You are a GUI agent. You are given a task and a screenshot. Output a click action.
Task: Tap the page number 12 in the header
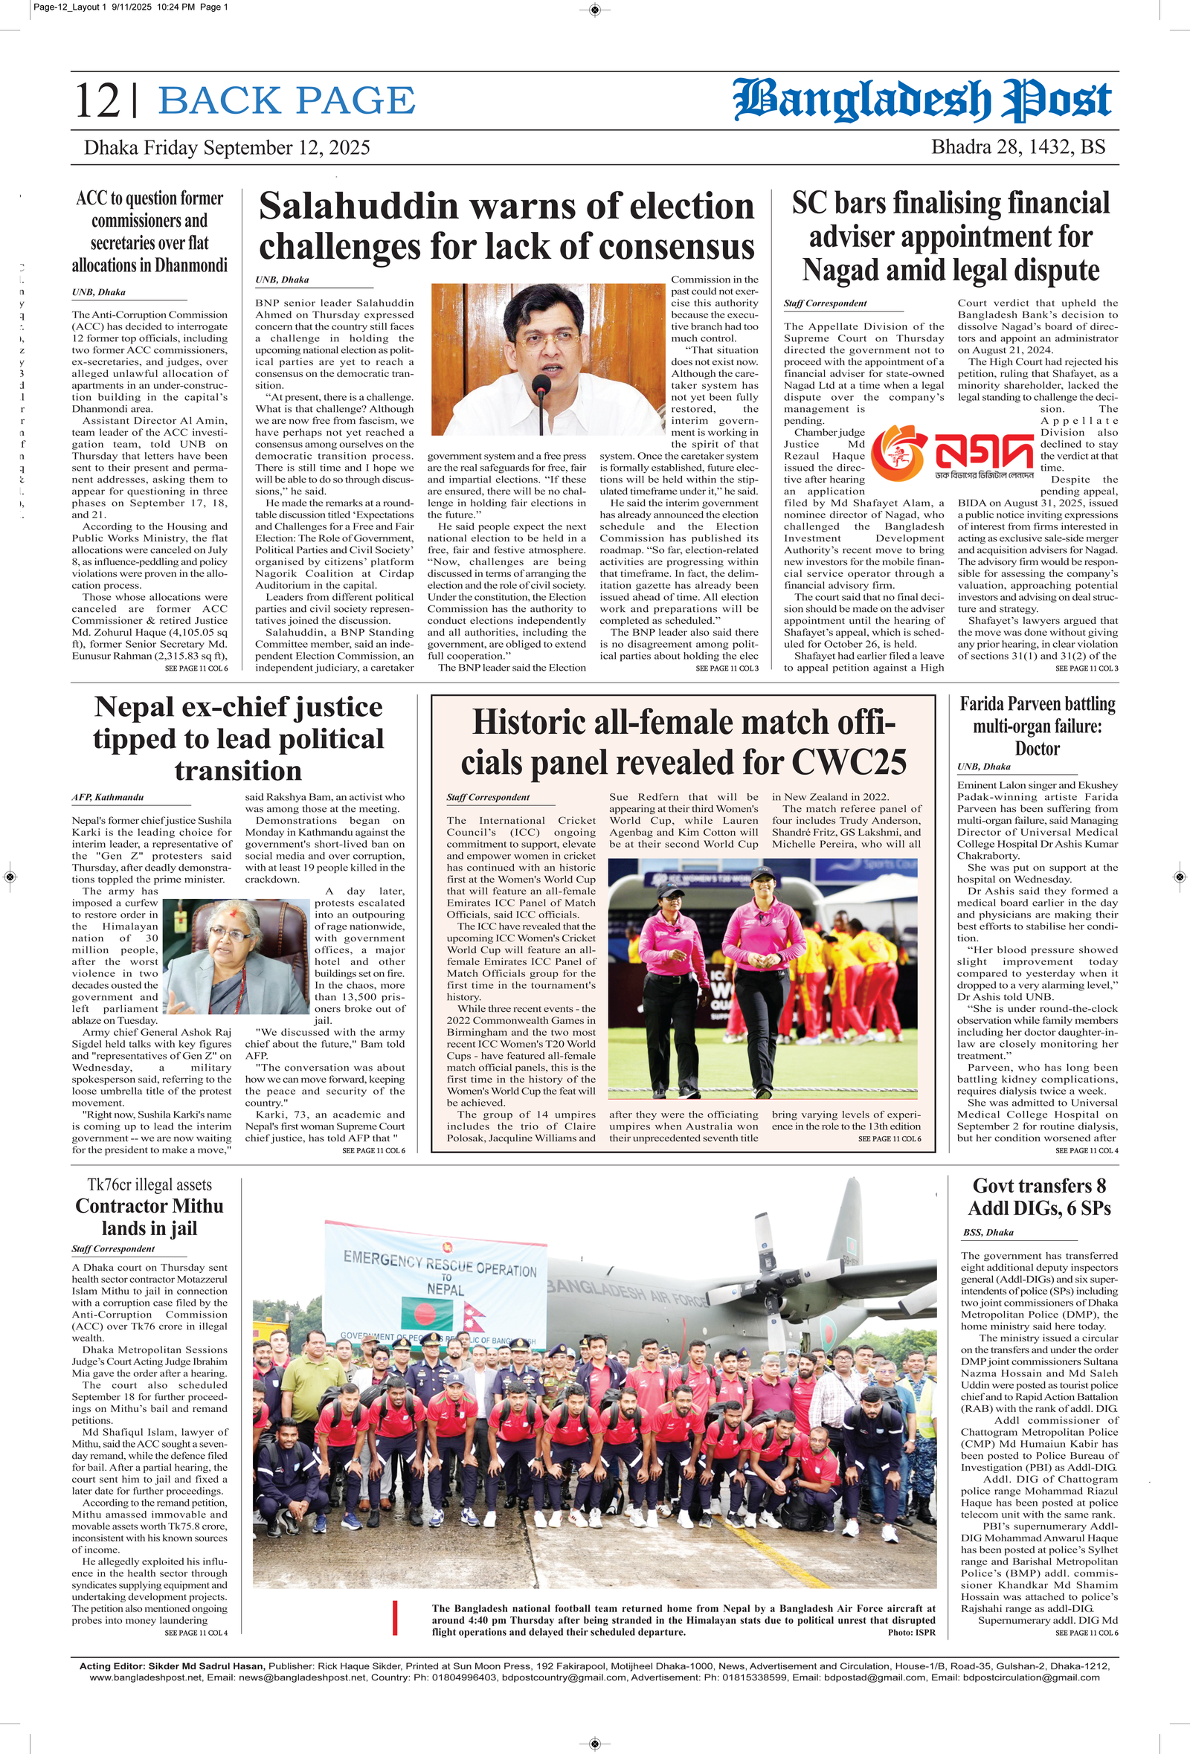click(98, 101)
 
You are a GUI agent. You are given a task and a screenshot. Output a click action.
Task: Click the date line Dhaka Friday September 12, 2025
click(227, 147)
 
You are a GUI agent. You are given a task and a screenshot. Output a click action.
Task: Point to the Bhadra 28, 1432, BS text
click(1018, 146)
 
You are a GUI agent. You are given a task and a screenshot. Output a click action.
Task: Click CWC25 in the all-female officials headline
click(849, 762)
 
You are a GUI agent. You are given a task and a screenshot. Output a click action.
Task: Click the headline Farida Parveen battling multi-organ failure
click(1037, 726)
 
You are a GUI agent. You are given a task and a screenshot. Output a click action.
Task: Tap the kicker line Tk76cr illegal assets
click(149, 1184)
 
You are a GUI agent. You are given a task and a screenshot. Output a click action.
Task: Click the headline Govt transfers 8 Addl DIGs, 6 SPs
click(1039, 1196)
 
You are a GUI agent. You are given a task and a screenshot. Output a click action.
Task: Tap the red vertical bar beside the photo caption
click(395, 1618)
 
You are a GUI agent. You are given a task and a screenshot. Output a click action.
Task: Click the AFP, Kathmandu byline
click(107, 797)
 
